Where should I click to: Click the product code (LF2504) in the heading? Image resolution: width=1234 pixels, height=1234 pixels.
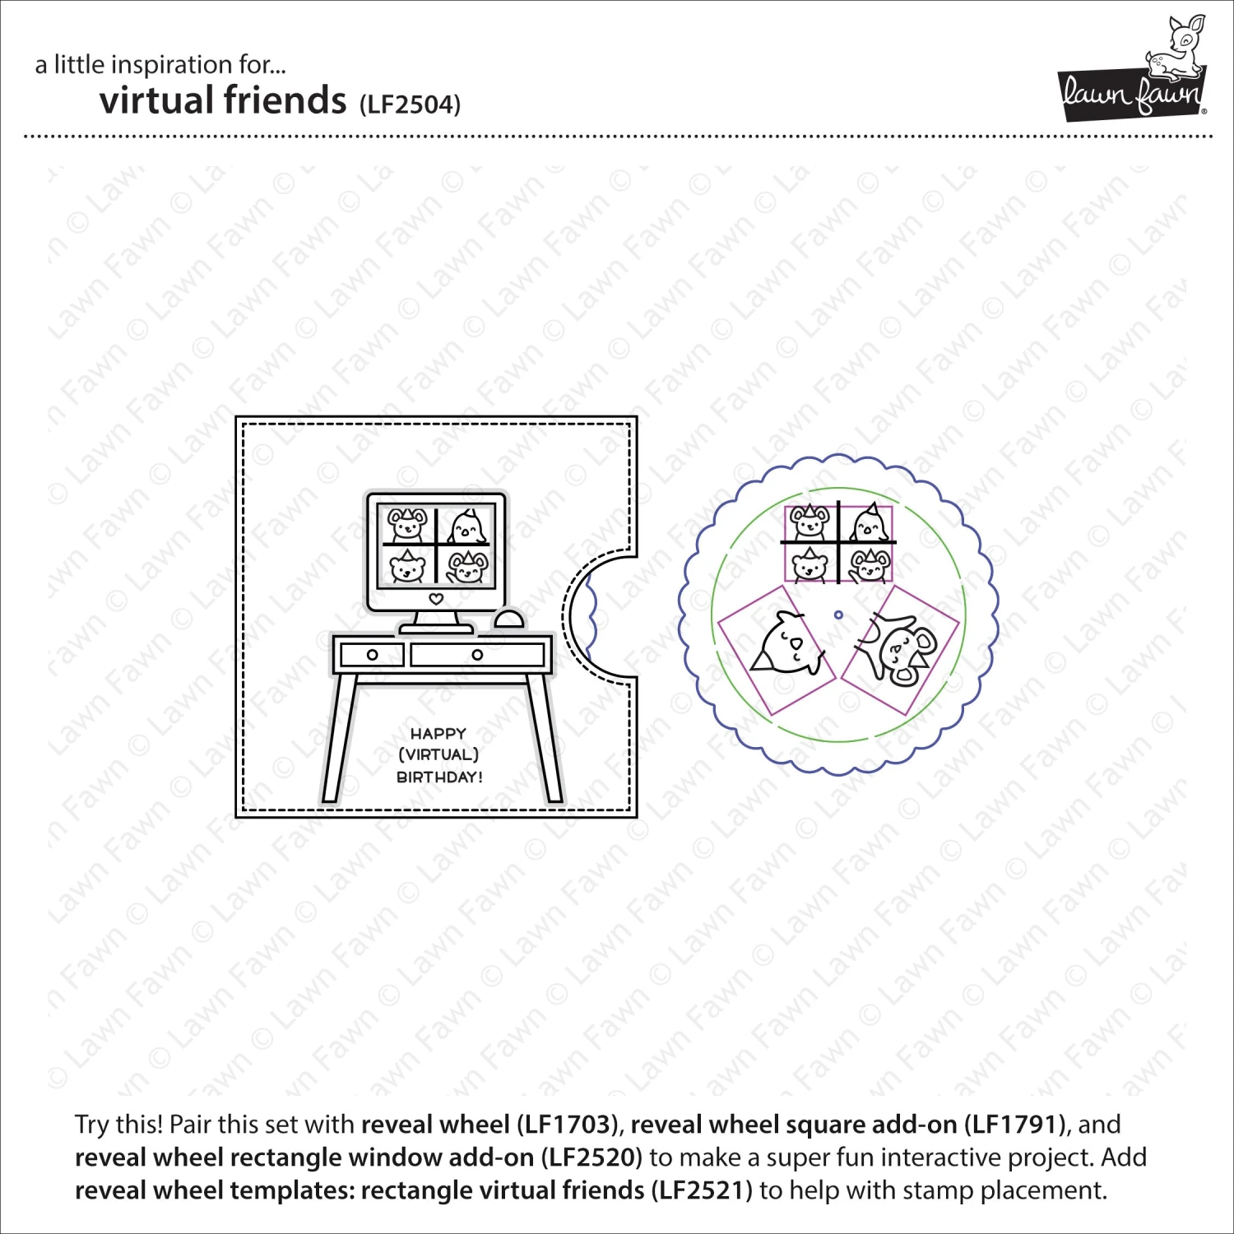point(410,105)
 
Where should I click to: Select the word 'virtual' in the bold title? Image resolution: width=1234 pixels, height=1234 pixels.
point(157,100)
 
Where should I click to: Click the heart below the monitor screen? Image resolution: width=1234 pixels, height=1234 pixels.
point(436,599)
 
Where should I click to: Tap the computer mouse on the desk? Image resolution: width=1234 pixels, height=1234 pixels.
point(509,619)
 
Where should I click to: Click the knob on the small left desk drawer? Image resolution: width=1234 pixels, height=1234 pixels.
point(372,655)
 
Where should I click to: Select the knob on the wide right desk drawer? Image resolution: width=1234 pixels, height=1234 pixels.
point(477,655)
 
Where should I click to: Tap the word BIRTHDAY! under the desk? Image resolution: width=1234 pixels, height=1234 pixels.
point(439,777)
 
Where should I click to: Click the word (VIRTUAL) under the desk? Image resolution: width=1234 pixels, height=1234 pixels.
point(438,754)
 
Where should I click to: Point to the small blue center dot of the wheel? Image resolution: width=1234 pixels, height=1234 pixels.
point(838,615)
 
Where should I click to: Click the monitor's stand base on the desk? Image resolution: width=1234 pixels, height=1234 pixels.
point(436,628)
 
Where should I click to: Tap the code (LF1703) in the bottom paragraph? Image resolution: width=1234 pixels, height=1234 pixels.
point(567,1125)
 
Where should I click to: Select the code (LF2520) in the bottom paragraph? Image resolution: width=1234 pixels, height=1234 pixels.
point(591,1157)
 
